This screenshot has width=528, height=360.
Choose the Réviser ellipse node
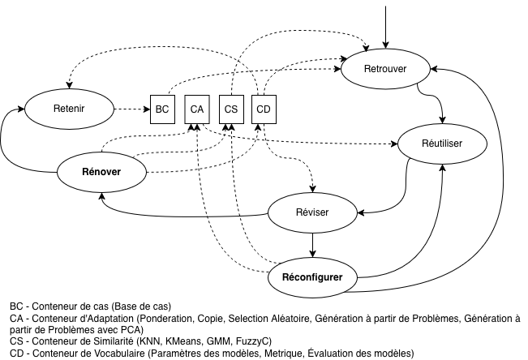pos(312,212)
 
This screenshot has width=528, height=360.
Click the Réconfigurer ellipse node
pos(312,277)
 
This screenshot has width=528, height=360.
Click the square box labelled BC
pos(162,109)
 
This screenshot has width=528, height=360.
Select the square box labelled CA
pos(196,109)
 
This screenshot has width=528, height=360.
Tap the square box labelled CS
pos(230,109)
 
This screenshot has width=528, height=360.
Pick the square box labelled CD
pos(264,109)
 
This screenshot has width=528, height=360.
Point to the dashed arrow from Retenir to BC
pos(131,108)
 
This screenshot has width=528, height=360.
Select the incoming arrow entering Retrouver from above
pos(385,24)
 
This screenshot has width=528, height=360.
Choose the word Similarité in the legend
pos(109,341)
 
